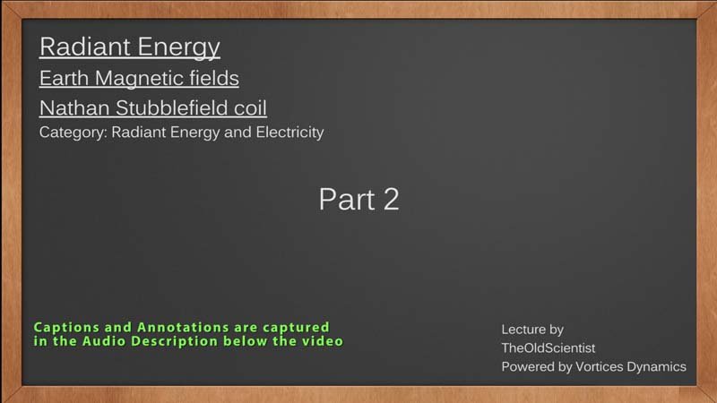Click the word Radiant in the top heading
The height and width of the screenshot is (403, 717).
[84, 47]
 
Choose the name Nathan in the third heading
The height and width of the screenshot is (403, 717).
[74, 108]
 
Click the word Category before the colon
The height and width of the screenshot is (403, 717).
[73, 133]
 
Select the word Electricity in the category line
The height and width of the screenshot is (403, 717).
[289, 132]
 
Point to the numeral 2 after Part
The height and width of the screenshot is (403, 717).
[392, 199]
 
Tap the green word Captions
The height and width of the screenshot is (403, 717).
[66, 328]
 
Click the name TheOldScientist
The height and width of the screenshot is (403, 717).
[549, 348]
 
